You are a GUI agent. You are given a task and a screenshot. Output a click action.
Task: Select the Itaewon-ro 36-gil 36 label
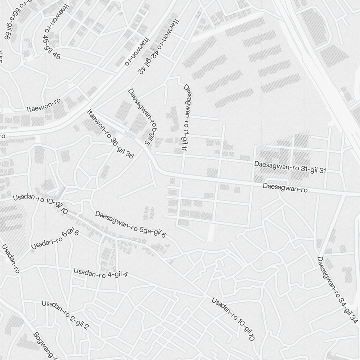point(110,134)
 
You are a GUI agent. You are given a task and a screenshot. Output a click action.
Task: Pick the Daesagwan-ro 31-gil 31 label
point(290,167)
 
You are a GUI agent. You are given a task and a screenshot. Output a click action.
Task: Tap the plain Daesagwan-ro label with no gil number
point(285,188)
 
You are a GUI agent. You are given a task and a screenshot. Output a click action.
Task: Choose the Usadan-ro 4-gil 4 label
point(100,273)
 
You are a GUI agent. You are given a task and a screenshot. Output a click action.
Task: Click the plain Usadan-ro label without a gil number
point(10,259)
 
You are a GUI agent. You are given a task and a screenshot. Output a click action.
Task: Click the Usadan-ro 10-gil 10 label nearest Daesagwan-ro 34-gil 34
point(233,319)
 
